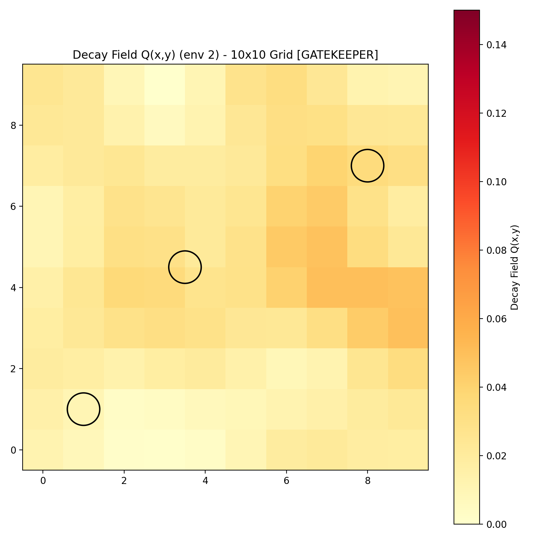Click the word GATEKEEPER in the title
(337, 55)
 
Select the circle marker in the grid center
(185, 267)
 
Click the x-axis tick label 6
(287, 481)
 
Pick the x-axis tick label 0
(43, 481)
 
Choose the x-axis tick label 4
(205, 481)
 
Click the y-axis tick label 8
(13, 126)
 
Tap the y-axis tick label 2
(13, 369)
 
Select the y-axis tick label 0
(13, 450)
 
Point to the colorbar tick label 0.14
(496, 45)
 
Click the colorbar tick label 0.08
(496, 250)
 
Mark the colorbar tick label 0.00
(496, 524)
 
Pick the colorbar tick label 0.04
(496, 387)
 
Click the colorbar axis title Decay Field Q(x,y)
(514, 267)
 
